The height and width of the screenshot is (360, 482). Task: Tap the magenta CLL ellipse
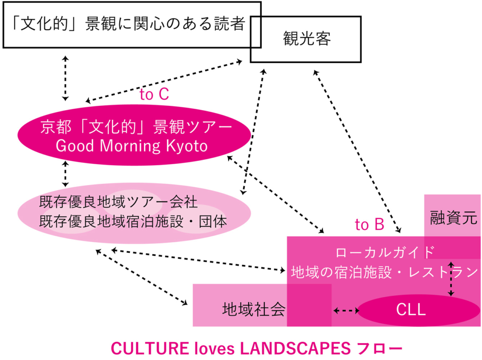click(411, 310)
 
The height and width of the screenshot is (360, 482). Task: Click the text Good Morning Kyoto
click(131, 146)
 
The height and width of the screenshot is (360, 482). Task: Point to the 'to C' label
click(154, 95)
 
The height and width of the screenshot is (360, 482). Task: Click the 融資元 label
click(453, 218)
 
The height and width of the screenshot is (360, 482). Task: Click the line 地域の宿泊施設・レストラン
click(385, 272)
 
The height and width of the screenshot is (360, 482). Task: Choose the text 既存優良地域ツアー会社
click(118, 203)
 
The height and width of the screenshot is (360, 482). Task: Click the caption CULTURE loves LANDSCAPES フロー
click(257, 349)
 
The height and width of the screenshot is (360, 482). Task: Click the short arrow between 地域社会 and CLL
click(346, 311)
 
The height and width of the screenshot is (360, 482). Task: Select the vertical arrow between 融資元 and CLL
click(452, 278)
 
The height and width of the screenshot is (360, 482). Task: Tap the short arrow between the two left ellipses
click(65, 173)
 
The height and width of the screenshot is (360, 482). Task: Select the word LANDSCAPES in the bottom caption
click(296, 349)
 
